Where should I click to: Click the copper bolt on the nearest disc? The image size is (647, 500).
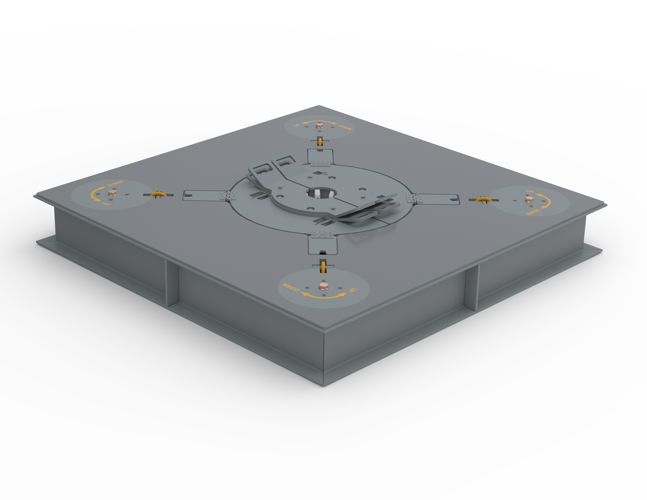click(323, 286)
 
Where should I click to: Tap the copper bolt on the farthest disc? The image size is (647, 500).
click(319, 126)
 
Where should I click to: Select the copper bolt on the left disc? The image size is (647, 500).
click(112, 193)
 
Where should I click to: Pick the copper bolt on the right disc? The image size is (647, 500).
click(530, 199)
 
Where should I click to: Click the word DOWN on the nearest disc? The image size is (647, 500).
click(291, 287)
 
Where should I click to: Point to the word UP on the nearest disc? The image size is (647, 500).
click(353, 289)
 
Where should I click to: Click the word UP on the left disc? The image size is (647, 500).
click(105, 203)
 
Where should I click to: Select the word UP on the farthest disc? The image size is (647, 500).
click(297, 126)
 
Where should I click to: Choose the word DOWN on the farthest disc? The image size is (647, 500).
click(345, 127)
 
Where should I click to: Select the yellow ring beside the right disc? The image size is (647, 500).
click(483, 199)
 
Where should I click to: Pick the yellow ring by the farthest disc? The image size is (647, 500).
click(320, 141)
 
